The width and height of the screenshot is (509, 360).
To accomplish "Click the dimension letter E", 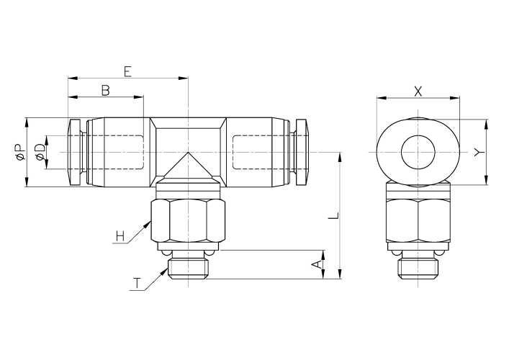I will [127, 71].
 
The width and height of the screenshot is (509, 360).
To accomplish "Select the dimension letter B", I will [105, 90].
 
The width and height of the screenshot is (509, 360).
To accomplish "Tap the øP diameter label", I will [20, 152].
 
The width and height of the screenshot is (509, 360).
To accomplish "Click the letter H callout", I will [120, 235].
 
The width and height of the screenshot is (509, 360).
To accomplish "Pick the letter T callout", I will [136, 283].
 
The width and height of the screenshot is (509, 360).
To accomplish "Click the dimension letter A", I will [315, 264].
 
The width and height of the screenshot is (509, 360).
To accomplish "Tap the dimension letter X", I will [418, 91].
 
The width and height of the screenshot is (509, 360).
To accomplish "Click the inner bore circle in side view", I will [418, 152].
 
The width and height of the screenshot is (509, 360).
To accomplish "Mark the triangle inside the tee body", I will [188, 167].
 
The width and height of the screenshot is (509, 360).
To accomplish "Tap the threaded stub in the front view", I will [188, 268].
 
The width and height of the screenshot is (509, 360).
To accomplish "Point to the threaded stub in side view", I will [418, 268].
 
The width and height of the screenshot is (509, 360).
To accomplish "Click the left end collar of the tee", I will [76, 152].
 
